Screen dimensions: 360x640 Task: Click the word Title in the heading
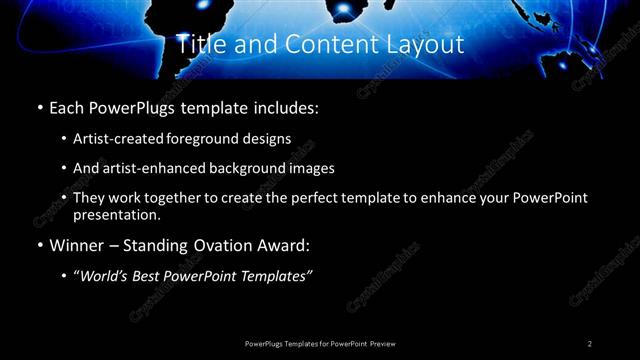198,45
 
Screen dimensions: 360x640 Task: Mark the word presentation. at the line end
116,214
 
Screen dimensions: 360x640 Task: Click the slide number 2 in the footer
590,343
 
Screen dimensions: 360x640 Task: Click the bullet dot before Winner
39,246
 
